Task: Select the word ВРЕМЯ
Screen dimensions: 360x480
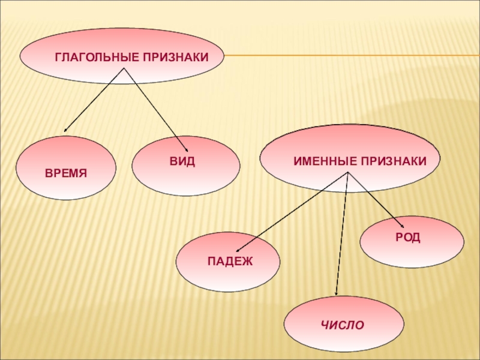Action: point(67,173)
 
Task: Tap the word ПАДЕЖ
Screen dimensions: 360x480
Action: point(230,261)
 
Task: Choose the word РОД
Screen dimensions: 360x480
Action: point(408,238)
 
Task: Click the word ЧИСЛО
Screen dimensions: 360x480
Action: point(343,325)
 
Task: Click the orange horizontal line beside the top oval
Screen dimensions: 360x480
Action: point(348,56)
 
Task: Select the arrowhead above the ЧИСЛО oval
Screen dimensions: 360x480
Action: point(337,293)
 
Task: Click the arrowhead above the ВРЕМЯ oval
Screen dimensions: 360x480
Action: point(65,129)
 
